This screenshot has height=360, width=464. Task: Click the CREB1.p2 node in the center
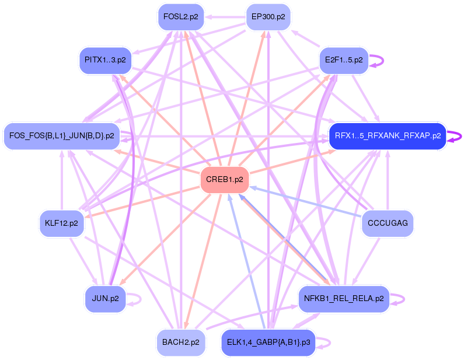click(x=225, y=180)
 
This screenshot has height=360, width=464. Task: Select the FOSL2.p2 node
click(x=180, y=17)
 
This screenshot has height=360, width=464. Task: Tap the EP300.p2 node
click(x=268, y=17)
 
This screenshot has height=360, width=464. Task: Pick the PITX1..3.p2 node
click(x=104, y=60)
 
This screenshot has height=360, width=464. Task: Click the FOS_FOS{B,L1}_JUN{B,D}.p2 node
click(x=61, y=136)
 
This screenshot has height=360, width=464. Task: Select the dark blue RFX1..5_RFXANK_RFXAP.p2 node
click(x=387, y=137)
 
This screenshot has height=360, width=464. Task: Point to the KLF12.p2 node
click(x=61, y=223)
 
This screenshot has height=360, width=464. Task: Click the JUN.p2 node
click(x=105, y=299)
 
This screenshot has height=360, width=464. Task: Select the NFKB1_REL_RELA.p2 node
click(x=344, y=299)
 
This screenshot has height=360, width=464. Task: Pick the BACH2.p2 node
click(x=181, y=342)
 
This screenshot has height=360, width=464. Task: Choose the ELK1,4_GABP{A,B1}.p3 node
click(x=268, y=342)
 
